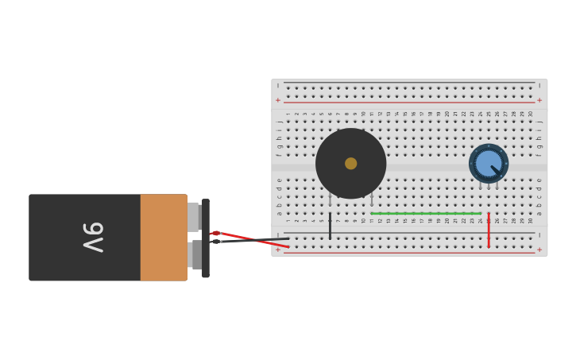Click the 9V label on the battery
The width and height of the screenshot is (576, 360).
pyautogui.click(x=93, y=237)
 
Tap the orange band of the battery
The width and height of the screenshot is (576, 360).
pyautogui.click(x=164, y=237)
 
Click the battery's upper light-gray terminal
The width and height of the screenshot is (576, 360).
pyautogui.click(x=193, y=216)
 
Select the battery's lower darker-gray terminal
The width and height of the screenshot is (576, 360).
pyautogui.click(x=195, y=254)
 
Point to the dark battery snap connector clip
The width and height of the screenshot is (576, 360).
pyautogui.click(x=206, y=238)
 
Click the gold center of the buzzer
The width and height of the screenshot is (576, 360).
pyautogui.click(x=350, y=163)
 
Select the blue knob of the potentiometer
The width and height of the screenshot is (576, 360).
pyautogui.click(x=488, y=163)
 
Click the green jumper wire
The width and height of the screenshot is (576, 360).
pyautogui.click(x=425, y=213)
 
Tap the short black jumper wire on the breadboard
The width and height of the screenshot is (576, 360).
pyautogui.click(x=330, y=225)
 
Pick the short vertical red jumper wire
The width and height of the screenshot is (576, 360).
pyautogui.click(x=489, y=230)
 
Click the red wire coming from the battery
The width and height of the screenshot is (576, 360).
pyautogui.click(x=250, y=239)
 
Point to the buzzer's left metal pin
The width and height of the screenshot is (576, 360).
pyautogui.click(x=330, y=199)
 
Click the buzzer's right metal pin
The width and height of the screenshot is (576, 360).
pyautogui.click(x=371, y=198)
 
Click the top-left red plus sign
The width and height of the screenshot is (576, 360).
pyautogui.click(x=278, y=100)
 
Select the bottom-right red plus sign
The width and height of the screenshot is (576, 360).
pyautogui.click(x=539, y=250)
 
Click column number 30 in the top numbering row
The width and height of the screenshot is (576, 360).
pyautogui.click(x=531, y=114)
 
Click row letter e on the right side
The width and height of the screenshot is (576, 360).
pyautogui.click(x=539, y=180)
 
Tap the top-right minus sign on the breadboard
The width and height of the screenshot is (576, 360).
pyautogui.click(x=539, y=85)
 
